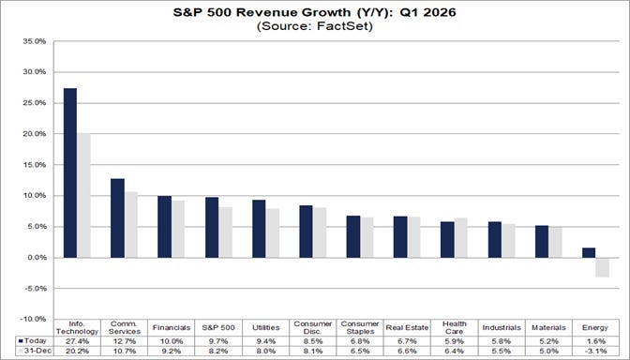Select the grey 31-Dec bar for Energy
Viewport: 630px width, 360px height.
(x=602, y=267)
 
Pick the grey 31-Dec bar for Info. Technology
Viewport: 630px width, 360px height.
(x=83, y=195)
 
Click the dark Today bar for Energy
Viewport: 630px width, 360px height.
(x=588, y=252)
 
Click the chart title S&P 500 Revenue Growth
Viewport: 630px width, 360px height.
(x=315, y=12)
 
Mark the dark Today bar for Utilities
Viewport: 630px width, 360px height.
(x=259, y=229)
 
